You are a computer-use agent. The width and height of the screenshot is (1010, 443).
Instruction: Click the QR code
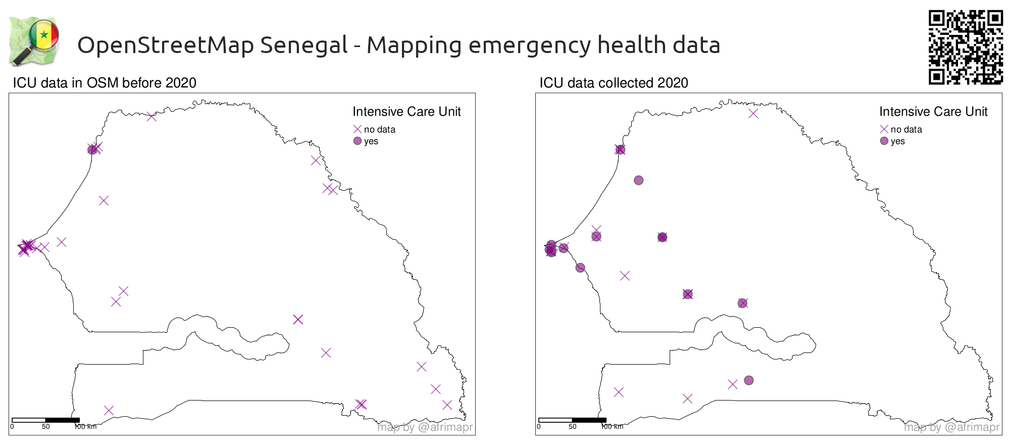[965, 47]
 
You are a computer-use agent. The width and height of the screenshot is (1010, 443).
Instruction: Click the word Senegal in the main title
[304, 45]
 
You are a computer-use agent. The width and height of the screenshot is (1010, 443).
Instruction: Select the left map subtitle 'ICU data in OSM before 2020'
[104, 83]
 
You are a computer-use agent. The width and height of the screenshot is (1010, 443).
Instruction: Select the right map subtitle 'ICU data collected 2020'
[613, 83]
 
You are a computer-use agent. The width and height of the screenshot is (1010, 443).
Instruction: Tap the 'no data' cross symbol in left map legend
[358, 129]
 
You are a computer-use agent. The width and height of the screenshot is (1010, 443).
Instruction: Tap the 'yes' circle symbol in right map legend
[884, 141]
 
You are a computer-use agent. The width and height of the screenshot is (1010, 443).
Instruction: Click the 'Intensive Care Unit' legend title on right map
[933, 112]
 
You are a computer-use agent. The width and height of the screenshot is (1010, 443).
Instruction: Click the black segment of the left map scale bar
[62, 420]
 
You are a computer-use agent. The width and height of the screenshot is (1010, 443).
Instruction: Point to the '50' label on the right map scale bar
[572, 427]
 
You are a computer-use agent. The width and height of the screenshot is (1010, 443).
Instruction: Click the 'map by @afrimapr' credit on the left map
[425, 427]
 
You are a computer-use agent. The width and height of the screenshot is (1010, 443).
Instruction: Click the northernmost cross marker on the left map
[151, 117]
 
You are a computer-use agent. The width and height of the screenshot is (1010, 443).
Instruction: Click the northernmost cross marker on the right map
[753, 114]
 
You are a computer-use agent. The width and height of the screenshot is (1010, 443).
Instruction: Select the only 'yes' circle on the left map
[92, 150]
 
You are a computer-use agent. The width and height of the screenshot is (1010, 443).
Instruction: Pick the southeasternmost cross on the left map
[447, 405]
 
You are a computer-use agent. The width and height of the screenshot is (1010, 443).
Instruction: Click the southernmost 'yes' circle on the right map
[748, 380]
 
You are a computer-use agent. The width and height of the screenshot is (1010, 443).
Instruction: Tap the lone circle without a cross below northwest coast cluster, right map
[638, 181]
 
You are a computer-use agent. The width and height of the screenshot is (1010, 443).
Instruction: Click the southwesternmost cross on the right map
[619, 392]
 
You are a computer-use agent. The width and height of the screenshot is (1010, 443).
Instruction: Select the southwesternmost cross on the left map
[109, 411]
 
